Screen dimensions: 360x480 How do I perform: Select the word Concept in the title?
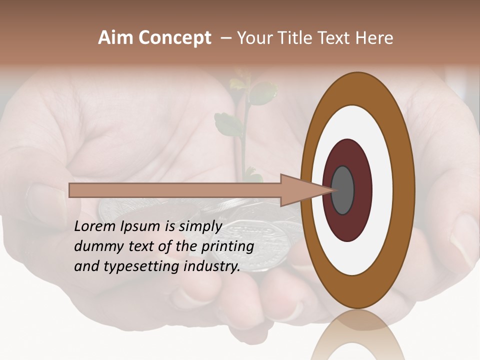(x=174, y=38)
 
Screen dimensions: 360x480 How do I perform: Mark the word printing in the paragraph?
(x=227, y=247)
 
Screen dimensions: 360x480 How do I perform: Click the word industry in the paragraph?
(x=209, y=266)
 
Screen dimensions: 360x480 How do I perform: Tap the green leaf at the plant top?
(x=262, y=93)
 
